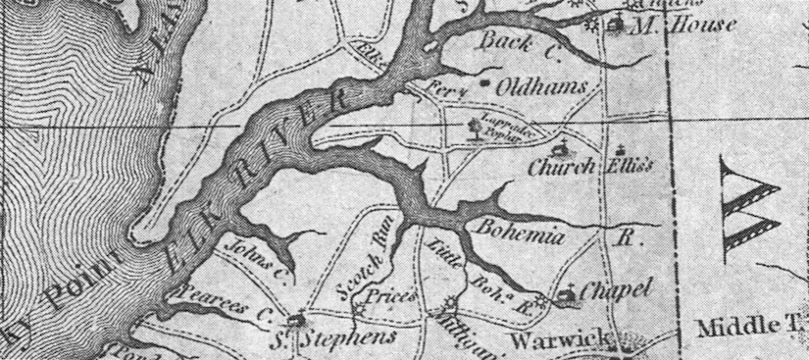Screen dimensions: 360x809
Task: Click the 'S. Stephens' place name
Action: click(x=334, y=336)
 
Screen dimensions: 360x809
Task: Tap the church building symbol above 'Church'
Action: click(x=562, y=150)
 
